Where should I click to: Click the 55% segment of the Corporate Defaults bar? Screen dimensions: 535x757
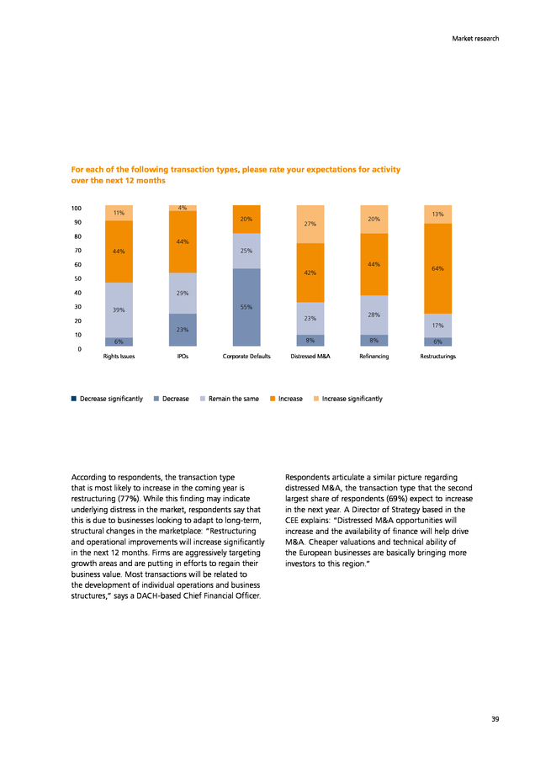click(246, 307)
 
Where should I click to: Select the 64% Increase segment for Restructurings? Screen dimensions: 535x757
click(438, 268)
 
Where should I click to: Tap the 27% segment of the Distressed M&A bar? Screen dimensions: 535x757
click(310, 224)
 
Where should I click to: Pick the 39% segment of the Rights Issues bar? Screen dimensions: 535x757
click(119, 310)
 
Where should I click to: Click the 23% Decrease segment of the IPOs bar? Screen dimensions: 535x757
click(183, 330)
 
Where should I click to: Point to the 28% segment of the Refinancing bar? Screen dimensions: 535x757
click(374, 315)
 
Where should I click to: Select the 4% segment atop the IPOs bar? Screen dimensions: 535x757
click(183, 208)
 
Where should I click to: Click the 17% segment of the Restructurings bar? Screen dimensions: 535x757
click(438, 326)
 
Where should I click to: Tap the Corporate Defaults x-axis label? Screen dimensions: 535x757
click(246, 357)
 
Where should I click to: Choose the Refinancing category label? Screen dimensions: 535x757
click(374, 357)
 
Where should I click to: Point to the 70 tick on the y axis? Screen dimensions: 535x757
click(77, 251)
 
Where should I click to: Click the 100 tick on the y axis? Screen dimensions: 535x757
click(77, 209)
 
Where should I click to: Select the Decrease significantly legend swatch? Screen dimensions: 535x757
click(74, 399)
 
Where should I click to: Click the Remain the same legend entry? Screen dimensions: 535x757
click(230, 399)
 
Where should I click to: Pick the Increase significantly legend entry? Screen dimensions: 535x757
click(348, 399)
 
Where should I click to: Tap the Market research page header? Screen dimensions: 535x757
click(475, 39)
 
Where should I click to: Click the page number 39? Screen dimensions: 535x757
click(495, 719)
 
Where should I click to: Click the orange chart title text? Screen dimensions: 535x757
click(236, 175)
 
